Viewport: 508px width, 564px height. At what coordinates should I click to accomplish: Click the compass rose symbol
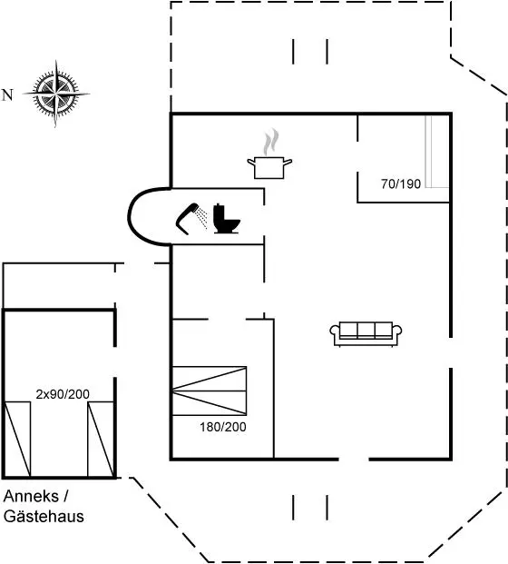(x=55, y=94)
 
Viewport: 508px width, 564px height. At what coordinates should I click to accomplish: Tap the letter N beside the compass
(x=7, y=95)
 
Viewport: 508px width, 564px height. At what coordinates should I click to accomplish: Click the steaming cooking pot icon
(x=269, y=154)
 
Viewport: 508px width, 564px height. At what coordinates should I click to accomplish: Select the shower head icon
(x=187, y=218)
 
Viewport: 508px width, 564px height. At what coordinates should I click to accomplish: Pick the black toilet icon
(x=227, y=219)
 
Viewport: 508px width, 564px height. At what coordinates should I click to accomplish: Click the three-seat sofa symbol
(x=366, y=334)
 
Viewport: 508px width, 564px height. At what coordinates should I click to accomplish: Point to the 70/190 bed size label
(x=401, y=183)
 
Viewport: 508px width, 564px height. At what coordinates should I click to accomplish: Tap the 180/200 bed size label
(x=223, y=427)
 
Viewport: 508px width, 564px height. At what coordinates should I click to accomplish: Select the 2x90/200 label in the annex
(x=63, y=394)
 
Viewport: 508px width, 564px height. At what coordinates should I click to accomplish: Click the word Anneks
(x=31, y=497)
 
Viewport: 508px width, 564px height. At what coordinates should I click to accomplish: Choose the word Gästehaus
(x=44, y=516)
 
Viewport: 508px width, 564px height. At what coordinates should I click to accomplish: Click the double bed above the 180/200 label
(x=210, y=391)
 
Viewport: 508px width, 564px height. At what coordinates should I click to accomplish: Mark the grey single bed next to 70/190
(x=437, y=152)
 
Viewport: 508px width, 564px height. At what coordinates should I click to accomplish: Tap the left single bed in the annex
(x=17, y=440)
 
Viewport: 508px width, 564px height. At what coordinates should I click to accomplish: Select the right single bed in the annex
(x=101, y=440)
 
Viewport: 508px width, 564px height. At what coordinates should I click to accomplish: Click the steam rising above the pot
(x=271, y=142)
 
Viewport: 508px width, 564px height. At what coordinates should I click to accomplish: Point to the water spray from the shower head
(x=203, y=218)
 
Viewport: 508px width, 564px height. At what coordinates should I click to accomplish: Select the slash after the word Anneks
(x=65, y=497)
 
